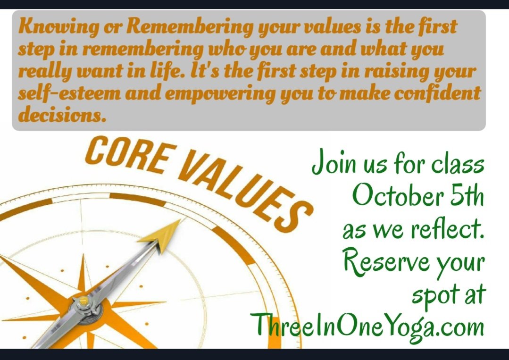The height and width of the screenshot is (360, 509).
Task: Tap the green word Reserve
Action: click(x=384, y=262)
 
